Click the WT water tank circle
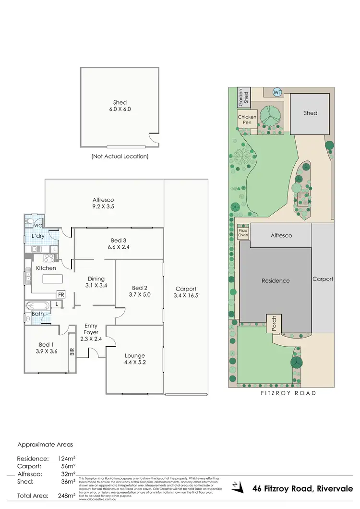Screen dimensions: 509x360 [277, 92]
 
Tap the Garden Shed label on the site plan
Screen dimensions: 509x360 [244, 97]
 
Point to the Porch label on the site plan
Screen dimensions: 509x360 [275, 323]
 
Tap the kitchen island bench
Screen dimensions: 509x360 [52, 279]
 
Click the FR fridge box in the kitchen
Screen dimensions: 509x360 [61, 294]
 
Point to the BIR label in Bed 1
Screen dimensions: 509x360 [72, 351]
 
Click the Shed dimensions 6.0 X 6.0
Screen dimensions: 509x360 [120, 109]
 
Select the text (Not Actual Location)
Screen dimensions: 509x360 [120, 157]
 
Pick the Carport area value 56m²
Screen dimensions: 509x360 [65, 466]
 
